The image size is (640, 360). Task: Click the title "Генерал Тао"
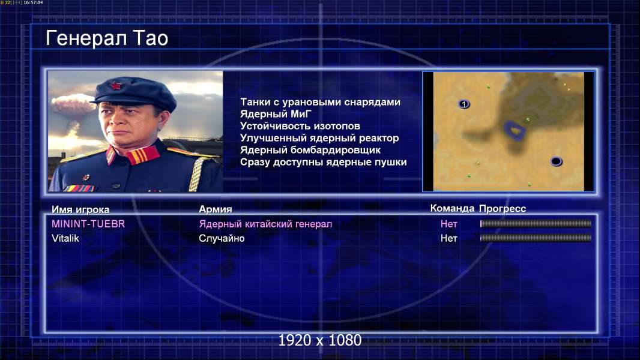pyautogui.click(x=107, y=38)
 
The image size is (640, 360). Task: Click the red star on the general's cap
pyautogui.click(x=116, y=86)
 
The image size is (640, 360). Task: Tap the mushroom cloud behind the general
pyautogui.click(x=73, y=107)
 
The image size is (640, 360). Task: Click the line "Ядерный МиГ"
pyautogui.click(x=276, y=114)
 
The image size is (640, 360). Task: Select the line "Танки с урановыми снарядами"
pyautogui.click(x=320, y=102)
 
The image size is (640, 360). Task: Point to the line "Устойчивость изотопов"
pyautogui.click(x=300, y=126)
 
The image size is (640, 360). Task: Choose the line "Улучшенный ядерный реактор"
pyautogui.click(x=319, y=138)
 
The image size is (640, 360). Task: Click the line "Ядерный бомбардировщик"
pyautogui.click(x=310, y=150)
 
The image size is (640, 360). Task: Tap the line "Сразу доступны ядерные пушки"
pyautogui.click(x=323, y=162)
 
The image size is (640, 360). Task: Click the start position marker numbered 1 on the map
pyautogui.click(x=463, y=104)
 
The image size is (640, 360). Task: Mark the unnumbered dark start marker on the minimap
pyautogui.click(x=556, y=161)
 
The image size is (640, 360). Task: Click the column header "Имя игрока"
pyautogui.click(x=80, y=209)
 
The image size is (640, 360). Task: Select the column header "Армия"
pyautogui.click(x=215, y=209)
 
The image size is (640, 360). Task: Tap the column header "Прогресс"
pyautogui.click(x=503, y=209)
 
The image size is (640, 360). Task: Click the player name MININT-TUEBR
pyautogui.click(x=88, y=224)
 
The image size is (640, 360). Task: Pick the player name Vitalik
pyautogui.click(x=65, y=238)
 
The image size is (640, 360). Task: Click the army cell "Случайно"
pyautogui.click(x=222, y=239)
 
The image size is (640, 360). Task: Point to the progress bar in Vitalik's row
pyautogui.click(x=536, y=238)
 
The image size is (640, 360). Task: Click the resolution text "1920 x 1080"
pyautogui.click(x=320, y=340)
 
